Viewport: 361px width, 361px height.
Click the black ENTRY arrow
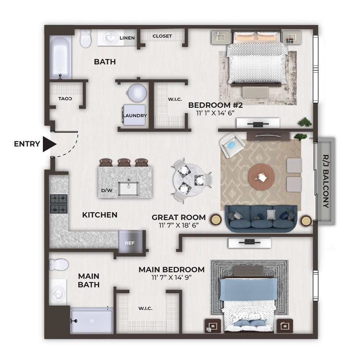[49, 144]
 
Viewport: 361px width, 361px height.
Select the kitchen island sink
[128, 189]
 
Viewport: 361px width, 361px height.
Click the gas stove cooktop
[59, 204]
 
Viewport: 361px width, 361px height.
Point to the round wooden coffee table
[261, 177]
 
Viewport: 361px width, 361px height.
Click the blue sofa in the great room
[261, 218]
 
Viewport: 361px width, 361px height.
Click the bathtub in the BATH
[60, 57]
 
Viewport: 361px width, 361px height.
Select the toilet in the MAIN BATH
[59, 264]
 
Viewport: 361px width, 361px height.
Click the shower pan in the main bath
[92, 321]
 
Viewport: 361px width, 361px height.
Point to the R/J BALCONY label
[326, 181]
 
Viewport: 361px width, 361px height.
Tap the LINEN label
[127, 38]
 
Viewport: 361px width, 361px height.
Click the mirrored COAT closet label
[65, 99]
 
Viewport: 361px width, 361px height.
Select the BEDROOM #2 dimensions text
[215, 113]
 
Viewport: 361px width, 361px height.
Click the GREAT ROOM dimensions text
[179, 225]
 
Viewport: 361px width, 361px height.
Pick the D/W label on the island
[107, 190]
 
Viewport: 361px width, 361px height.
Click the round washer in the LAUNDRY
[137, 93]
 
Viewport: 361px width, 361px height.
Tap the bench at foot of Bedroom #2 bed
[256, 92]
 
